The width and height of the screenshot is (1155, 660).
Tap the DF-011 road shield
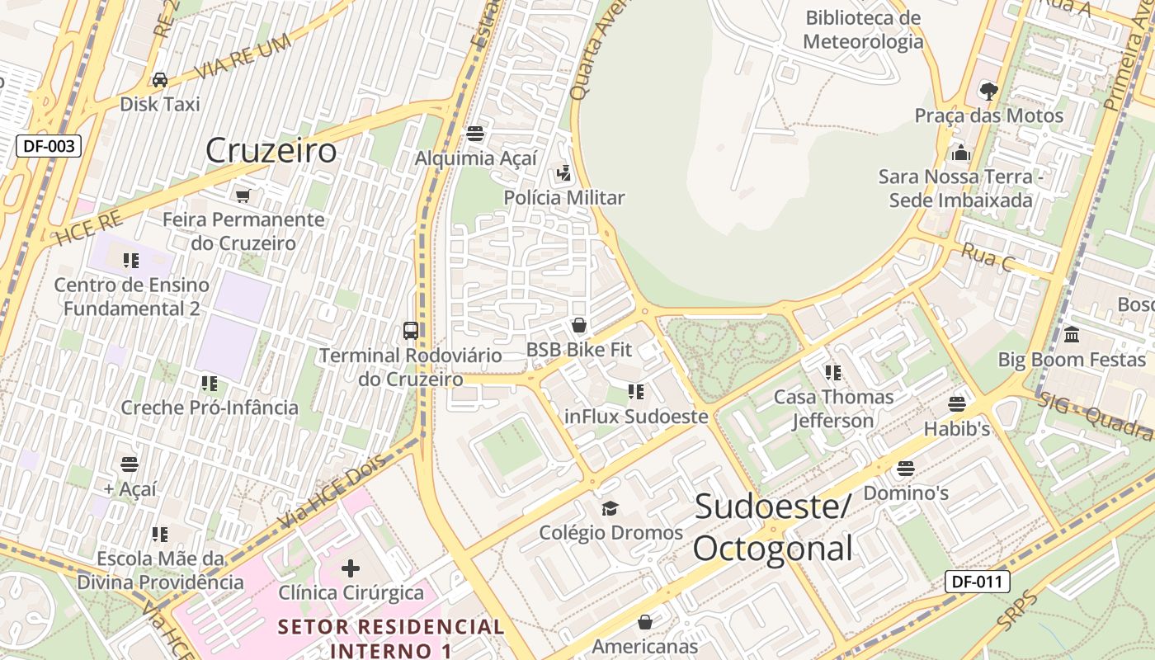(978, 582)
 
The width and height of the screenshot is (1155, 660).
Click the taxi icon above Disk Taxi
(160, 80)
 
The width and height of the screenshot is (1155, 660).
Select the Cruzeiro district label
(271, 150)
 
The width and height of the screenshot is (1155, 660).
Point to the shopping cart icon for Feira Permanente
(243, 196)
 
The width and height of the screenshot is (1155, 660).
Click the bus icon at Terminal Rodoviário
(410, 331)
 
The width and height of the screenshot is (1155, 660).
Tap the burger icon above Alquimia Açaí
(474, 133)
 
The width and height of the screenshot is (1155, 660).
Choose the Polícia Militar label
(564, 198)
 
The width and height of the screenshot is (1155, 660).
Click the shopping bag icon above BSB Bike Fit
(579, 325)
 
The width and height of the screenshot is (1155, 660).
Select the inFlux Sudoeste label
(636, 417)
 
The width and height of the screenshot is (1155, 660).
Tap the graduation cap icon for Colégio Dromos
(610, 507)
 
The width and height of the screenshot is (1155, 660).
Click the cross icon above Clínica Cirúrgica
(351, 568)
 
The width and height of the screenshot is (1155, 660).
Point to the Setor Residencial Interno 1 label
(391, 638)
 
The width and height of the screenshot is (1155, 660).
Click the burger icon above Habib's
(957, 404)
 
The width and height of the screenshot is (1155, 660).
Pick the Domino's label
(905, 493)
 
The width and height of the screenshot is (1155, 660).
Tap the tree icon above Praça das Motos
(988, 91)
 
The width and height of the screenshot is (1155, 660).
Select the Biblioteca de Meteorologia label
(863, 30)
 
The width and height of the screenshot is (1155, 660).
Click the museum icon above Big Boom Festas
(1072, 335)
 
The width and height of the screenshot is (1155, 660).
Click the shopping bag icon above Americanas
(645, 621)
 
